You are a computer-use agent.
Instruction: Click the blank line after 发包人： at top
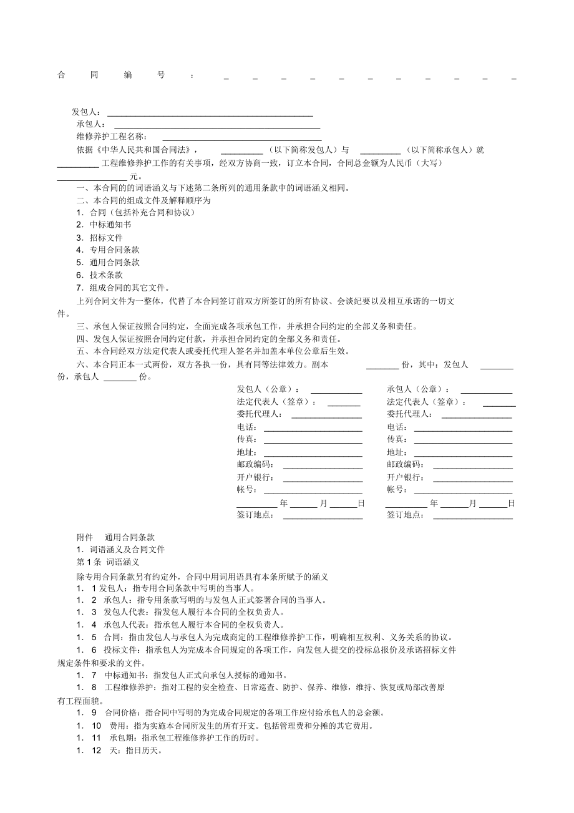[x=210, y=115]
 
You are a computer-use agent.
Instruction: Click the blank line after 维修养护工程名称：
[x=242, y=140]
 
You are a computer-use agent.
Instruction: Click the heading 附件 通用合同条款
[x=116, y=537]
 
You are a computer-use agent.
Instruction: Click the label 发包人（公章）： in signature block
[x=268, y=389]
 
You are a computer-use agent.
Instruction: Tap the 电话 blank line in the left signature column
[x=313, y=430]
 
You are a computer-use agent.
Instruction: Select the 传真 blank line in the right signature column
[x=464, y=442]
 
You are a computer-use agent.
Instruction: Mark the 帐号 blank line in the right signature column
[x=464, y=493]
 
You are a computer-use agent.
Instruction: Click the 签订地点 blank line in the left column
[x=323, y=518]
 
